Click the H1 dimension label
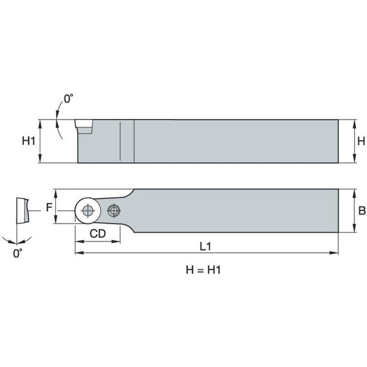(28, 141)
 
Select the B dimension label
(362, 211)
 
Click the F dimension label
(49, 208)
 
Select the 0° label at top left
(68, 98)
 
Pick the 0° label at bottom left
(17, 254)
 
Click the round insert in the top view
(88, 211)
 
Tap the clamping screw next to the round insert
(113, 211)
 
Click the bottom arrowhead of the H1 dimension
(40, 160)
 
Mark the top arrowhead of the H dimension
(354, 122)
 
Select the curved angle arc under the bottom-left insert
(17, 241)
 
